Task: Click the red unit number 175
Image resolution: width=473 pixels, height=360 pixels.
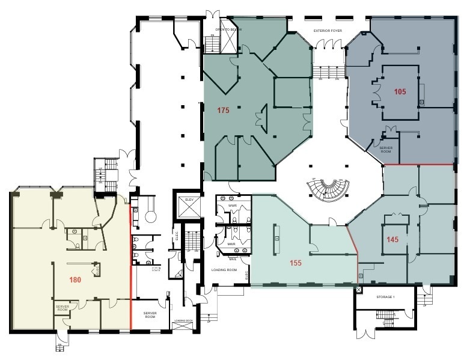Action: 224,110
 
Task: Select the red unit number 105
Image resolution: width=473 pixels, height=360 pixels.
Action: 400,92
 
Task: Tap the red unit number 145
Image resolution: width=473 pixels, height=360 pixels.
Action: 392,239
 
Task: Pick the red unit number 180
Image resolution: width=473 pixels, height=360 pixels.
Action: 75,279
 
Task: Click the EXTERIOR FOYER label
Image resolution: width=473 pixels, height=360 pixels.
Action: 328,29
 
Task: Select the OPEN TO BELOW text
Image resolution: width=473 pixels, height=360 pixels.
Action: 228,29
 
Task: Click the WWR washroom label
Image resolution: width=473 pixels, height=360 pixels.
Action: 233,206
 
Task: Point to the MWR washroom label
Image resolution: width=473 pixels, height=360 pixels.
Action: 231,245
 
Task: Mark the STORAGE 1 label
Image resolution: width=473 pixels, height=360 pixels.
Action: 385,297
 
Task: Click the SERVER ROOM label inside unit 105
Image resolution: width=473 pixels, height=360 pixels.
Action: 385,149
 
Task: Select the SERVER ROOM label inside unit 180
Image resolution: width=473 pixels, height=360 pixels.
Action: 63,308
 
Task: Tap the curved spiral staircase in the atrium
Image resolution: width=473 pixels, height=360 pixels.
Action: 328,191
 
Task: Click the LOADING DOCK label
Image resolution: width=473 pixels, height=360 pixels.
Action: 183,322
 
